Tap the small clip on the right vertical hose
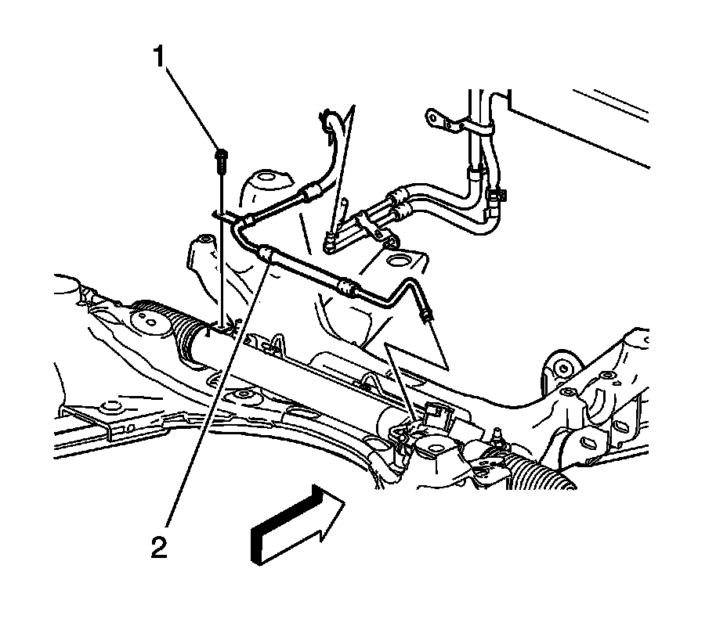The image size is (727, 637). coord(494,196)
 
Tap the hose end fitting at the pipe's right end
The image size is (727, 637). coord(428,316)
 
